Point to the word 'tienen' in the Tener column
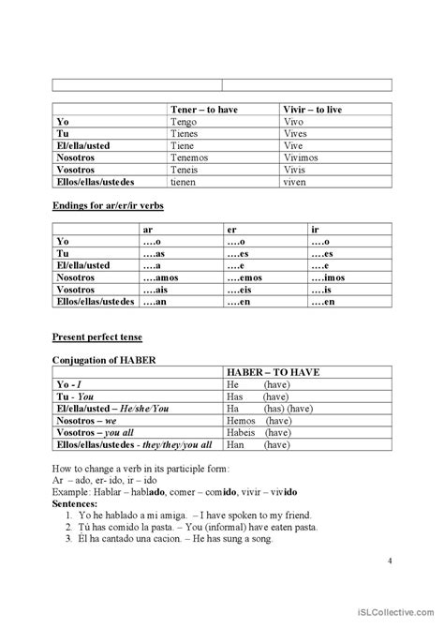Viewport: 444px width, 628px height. (185, 182)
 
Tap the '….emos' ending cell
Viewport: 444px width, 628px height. (246, 277)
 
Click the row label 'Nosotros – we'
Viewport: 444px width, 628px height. (86, 422)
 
